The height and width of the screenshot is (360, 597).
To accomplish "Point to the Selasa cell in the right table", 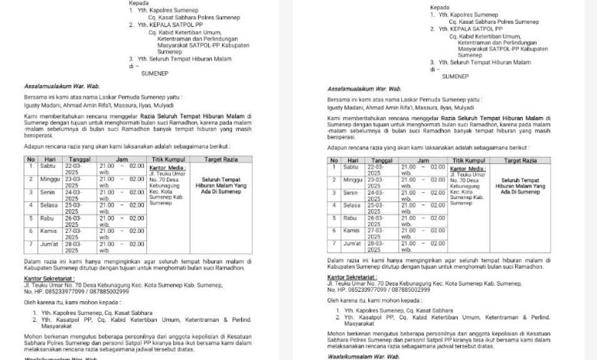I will click(353, 205).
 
